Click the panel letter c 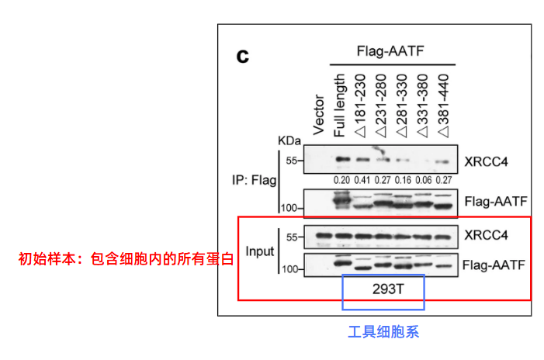[243, 56]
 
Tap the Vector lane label [319, 115]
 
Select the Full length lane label [339, 105]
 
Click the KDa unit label [289, 142]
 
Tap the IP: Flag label [253, 181]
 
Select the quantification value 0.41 [362, 180]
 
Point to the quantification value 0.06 [421, 180]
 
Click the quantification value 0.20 [341, 180]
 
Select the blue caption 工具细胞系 [383, 332]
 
